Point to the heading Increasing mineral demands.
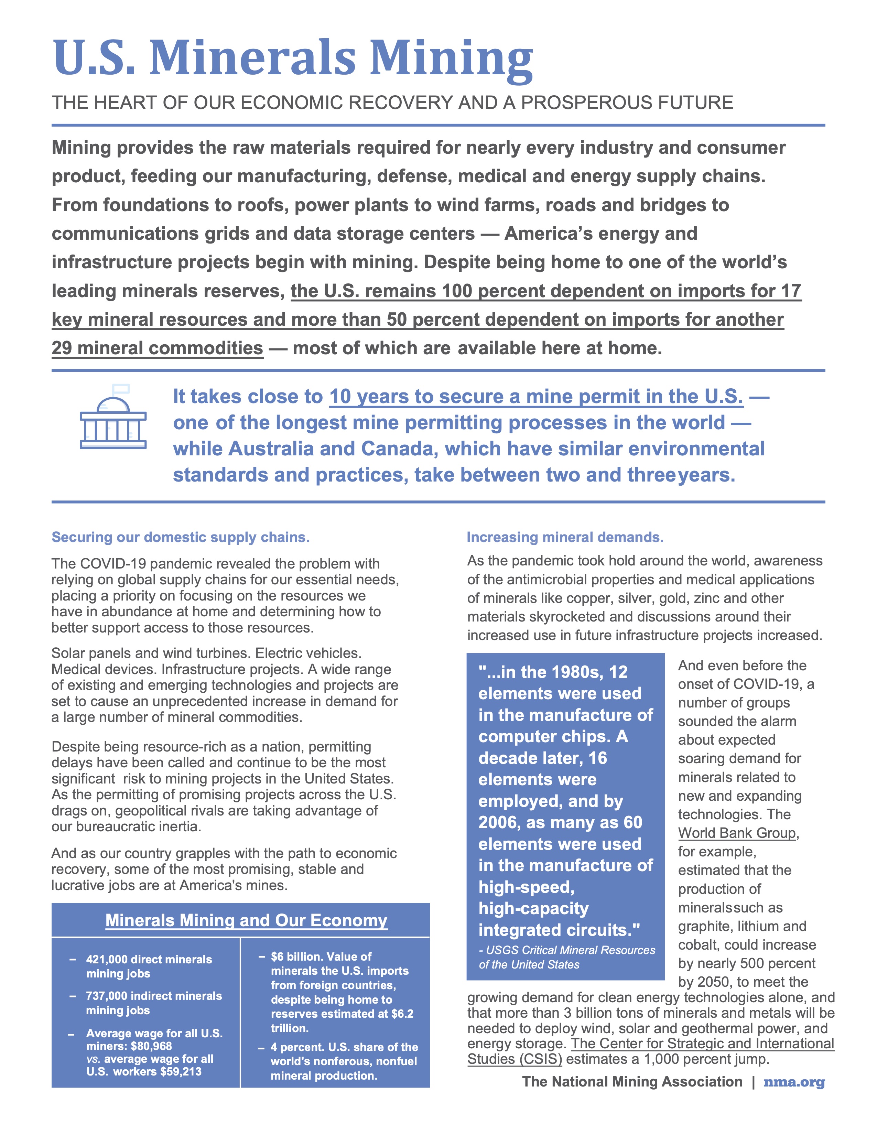click(565, 537)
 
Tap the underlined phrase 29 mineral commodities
click(157, 348)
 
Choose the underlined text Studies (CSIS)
click(515, 1059)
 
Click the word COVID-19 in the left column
click(114, 564)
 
